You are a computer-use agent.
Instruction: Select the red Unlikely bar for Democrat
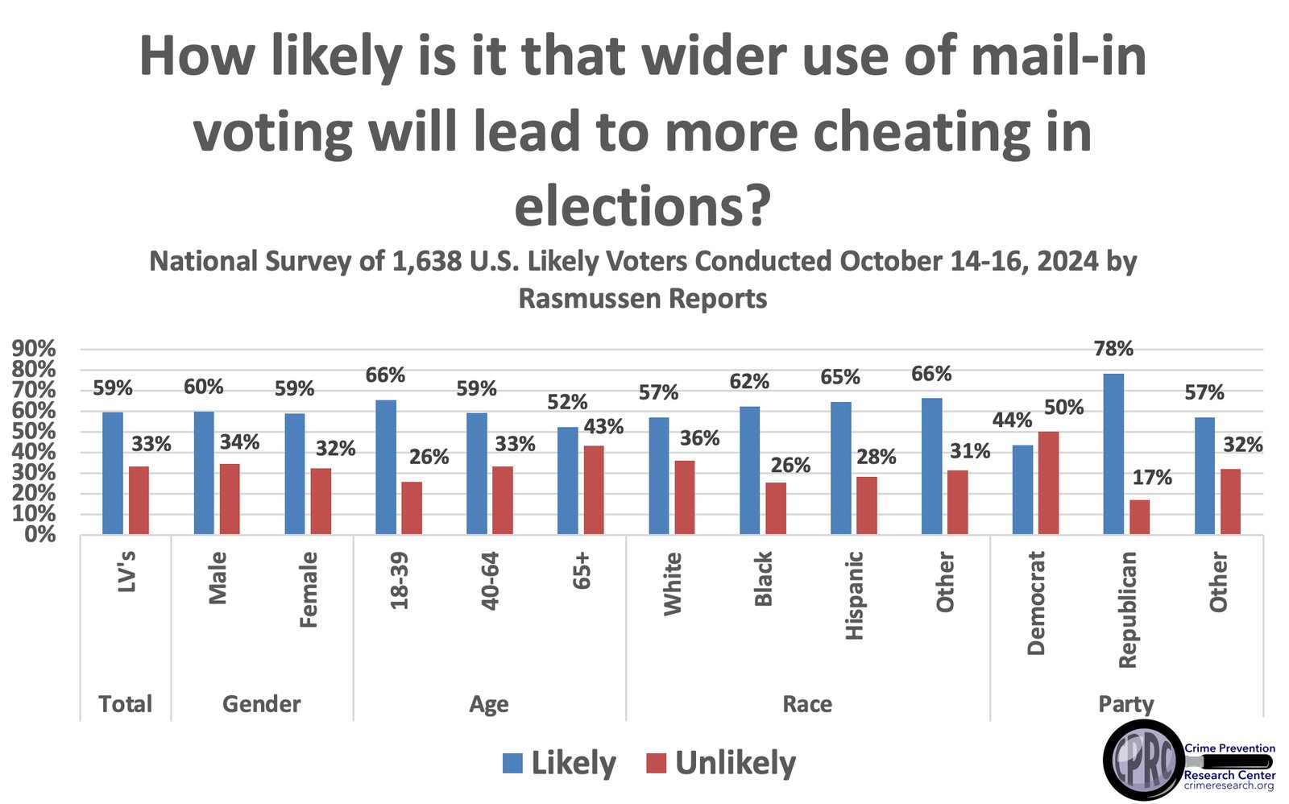tap(1048, 483)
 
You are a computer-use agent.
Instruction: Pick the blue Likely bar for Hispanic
tap(840, 467)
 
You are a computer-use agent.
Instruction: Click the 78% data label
tap(1113, 349)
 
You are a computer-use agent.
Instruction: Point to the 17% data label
tap(1152, 478)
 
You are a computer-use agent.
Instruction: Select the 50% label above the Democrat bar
tap(1063, 408)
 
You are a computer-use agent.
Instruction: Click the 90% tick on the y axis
tap(33, 349)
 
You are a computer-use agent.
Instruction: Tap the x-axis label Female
tap(309, 590)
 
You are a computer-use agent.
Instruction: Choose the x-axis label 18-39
tap(400, 580)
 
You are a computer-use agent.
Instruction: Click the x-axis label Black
tap(763, 578)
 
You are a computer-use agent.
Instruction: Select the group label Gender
tap(261, 704)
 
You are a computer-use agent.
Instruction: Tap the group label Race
tap(807, 704)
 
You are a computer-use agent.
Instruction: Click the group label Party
tap(1125, 704)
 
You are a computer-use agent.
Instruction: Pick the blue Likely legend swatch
tap(512, 763)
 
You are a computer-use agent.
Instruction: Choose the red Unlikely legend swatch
tap(657, 763)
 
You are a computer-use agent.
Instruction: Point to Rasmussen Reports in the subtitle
tap(642, 298)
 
